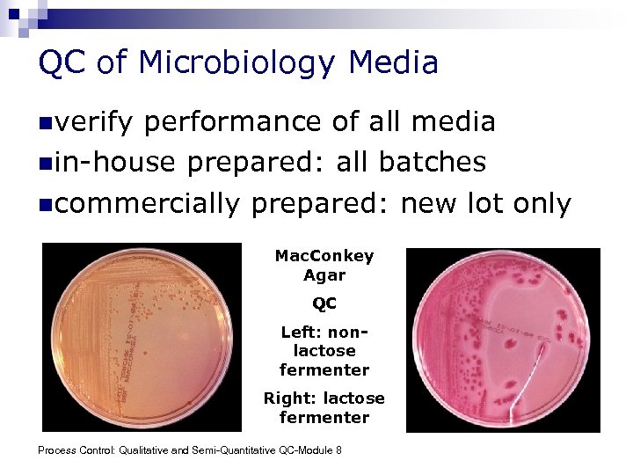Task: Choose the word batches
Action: [433, 163]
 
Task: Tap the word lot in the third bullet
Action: [489, 204]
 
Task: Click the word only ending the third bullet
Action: [542, 204]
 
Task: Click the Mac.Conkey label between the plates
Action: [324, 256]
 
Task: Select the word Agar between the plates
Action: [324, 275]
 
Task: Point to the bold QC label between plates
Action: [324, 304]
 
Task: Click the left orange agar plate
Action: [142, 338]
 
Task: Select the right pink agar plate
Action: [503, 338]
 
